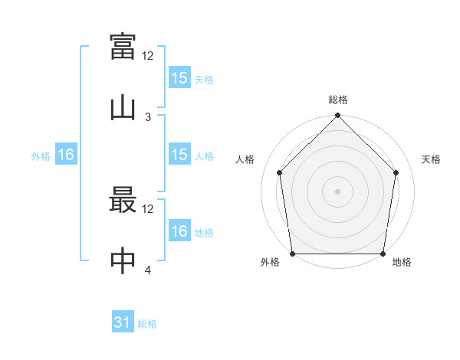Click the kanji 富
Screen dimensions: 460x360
pos(123,46)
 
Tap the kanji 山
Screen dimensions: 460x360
pos(123,109)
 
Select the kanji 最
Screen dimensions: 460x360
pos(123,199)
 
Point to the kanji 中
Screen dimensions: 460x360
pos(123,260)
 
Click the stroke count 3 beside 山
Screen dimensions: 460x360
pos(148,117)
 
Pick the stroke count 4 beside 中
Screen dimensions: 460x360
pos(148,270)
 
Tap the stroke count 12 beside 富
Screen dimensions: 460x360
pos(147,56)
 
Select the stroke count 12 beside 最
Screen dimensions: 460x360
pos(147,209)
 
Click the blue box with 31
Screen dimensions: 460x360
pos(123,321)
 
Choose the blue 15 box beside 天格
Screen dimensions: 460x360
pos(180,77)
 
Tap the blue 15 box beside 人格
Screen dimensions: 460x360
pos(180,154)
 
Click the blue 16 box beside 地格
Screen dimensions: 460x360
pos(180,230)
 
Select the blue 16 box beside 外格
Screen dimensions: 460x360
pos(66,154)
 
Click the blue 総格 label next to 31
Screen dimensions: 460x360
pos(147,324)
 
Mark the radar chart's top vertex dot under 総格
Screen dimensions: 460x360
pos(337,115)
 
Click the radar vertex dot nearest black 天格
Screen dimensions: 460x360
pos(396,172)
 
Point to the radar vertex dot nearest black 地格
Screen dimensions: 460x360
pos(383,254)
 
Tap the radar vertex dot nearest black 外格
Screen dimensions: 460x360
pos(293,254)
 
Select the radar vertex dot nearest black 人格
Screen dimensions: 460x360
pos(280,172)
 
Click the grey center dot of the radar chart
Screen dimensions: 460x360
pos(337,191)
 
